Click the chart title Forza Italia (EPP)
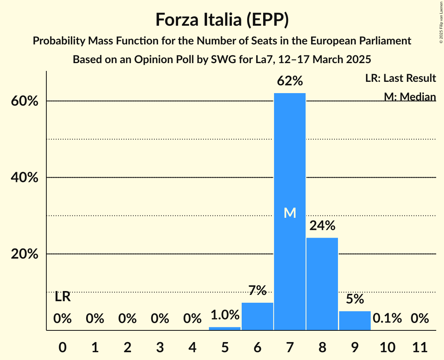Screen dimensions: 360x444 (222, 19)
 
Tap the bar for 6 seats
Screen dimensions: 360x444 (257, 316)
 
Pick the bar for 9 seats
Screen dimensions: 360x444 (355, 320)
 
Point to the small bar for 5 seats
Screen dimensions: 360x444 (225, 328)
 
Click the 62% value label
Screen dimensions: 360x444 (290, 81)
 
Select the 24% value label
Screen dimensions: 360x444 (322, 226)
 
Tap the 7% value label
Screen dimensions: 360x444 (257, 290)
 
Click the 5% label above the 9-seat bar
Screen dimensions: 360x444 (355, 299)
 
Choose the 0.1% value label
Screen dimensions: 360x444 (387, 318)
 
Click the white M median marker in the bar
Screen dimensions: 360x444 (290, 213)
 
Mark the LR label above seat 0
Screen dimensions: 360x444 (62, 297)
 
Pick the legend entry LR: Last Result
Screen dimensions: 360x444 (400, 78)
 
